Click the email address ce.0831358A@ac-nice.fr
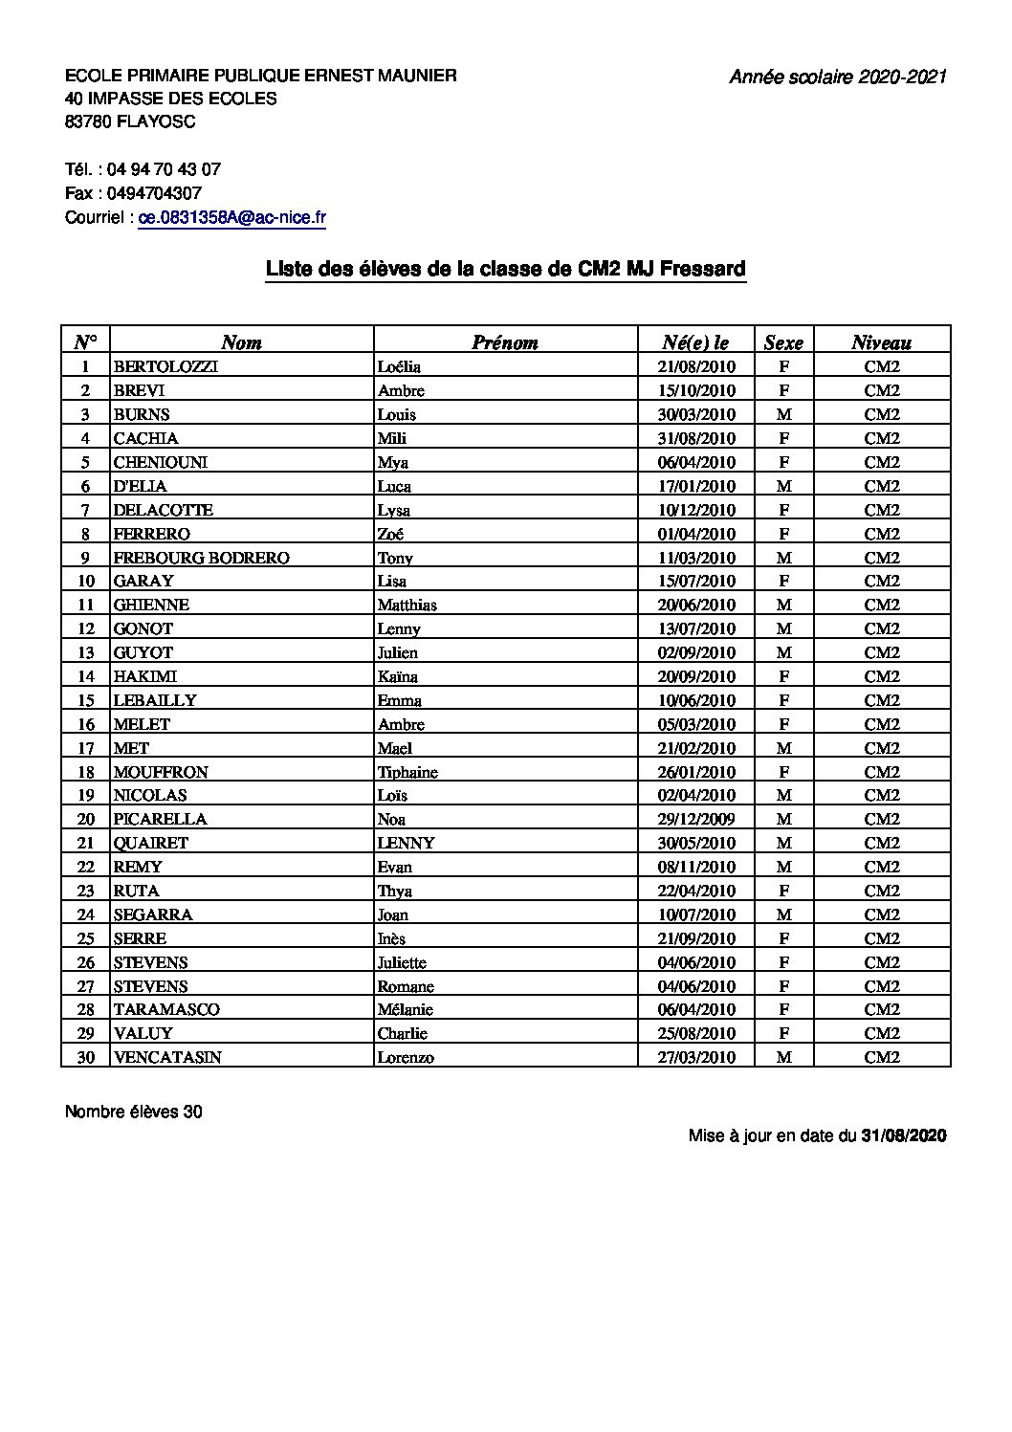tap(232, 218)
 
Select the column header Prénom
tap(505, 342)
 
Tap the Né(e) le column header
tap(695, 342)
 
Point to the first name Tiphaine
tap(407, 772)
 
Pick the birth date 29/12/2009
tap(697, 819)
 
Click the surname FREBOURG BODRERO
tap(201, 558)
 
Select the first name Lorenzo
tap(406, 1057)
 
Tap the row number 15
tap(86, 700)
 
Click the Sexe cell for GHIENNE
tap(783, 605)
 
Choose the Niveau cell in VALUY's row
tap(882, 1033)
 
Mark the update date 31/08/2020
tap(904, 1135)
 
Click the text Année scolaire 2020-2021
tap(838, 77)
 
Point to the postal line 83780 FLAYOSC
tap(130, 121)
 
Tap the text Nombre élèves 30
tap(134, 1112)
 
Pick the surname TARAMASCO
tap(166, 1009)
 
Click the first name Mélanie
tap(406, 1009)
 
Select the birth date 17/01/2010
tap(697, 486)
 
